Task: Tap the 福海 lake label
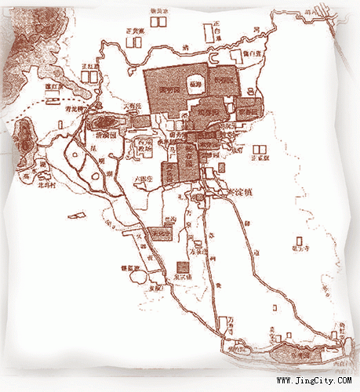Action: [195, 81]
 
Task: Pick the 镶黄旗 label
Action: [161, 10]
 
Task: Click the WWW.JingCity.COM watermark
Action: [315, 381]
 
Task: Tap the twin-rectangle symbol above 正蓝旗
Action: [260, 147]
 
